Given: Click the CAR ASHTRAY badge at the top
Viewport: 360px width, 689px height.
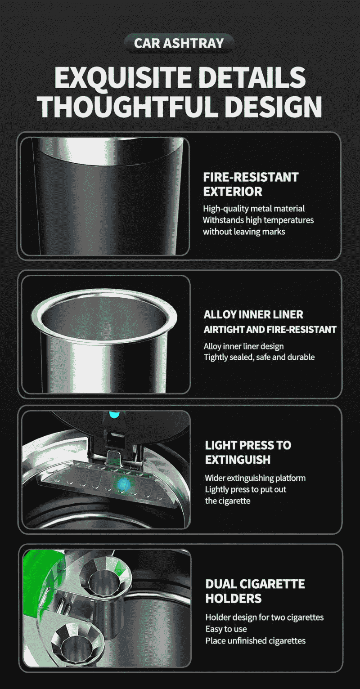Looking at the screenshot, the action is pos(179,43).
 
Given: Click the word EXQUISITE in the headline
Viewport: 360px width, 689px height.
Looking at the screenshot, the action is pos(123,78).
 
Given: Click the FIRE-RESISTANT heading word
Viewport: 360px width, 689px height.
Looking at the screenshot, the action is pos(251,177).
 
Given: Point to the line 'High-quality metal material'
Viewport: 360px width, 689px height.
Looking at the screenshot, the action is pos(254,209).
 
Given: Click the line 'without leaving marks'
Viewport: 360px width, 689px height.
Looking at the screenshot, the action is pos(244,232).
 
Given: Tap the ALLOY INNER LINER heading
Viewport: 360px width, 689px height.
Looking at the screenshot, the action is pos(253,315).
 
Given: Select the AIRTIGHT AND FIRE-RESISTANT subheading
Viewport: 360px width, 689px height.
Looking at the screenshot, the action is pos(270,329).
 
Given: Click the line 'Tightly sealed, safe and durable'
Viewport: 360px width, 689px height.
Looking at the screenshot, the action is pos(259,357).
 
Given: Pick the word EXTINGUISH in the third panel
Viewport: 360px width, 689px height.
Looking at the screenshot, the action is pos(238,460).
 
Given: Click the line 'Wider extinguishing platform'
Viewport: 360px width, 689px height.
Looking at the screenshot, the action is pos(256,478).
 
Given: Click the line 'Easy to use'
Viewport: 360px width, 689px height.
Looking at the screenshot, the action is pos(226,629).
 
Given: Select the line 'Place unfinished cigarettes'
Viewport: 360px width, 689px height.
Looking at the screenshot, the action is pos(256,641).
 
